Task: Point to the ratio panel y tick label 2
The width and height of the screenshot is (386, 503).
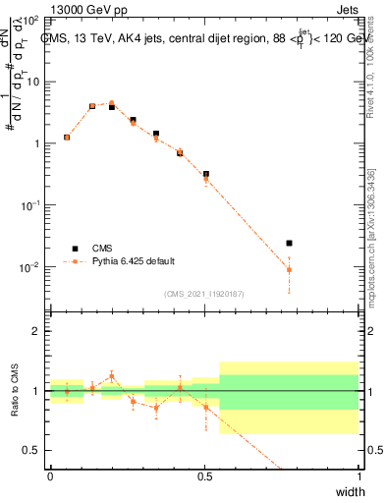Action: click(36, 332)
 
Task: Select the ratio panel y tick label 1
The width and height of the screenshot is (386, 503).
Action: click(36, 391)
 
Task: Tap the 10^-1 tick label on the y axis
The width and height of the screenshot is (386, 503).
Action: click(28, 204)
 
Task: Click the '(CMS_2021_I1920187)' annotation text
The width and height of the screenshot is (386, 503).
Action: click(203, 293)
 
